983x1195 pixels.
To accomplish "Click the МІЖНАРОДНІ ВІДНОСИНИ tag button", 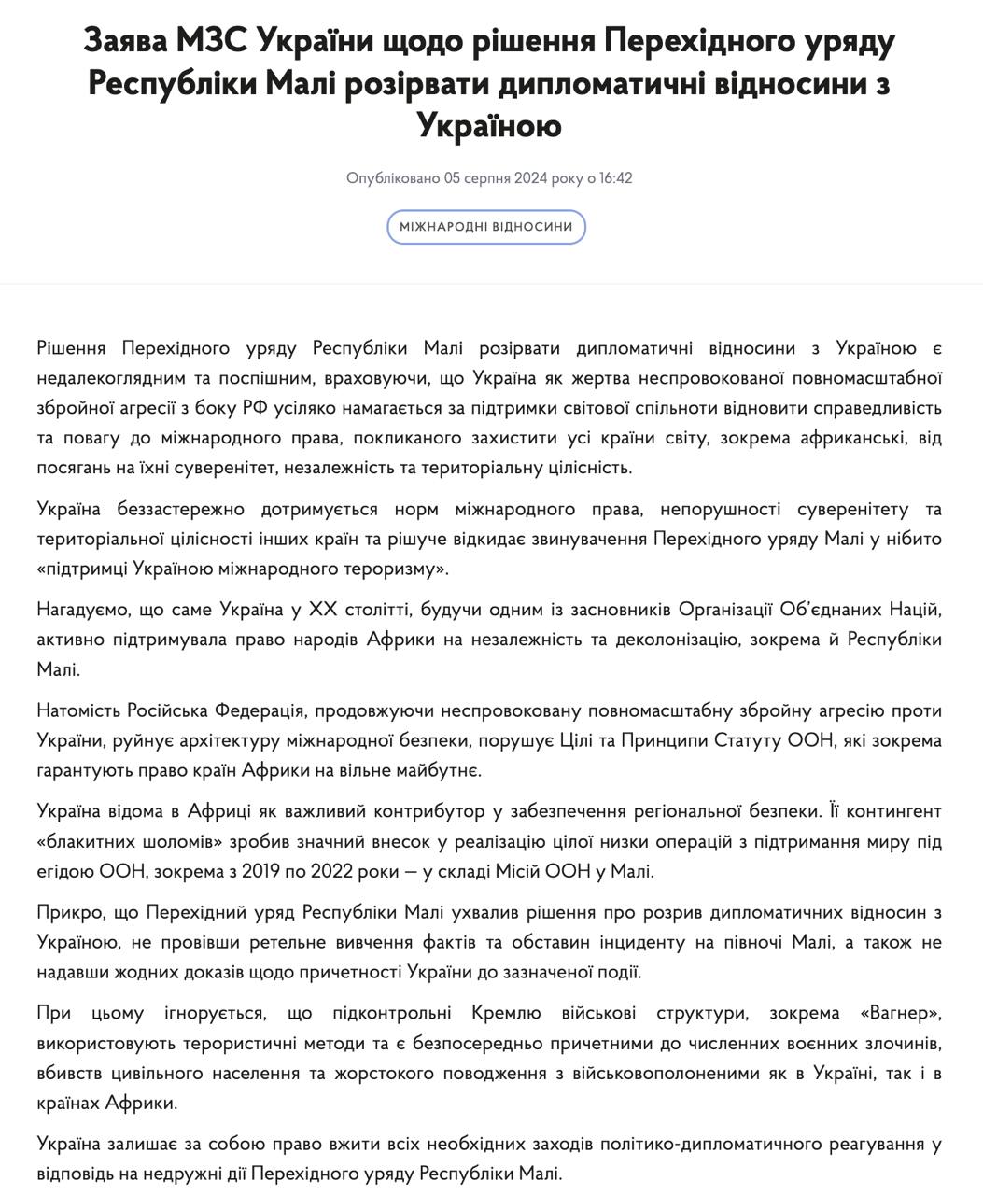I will (485, 227).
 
